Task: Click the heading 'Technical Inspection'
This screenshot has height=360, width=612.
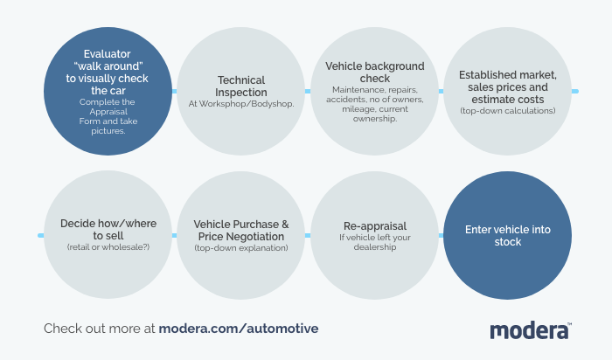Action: click(241, 86)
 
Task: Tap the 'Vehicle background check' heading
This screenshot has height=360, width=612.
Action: click(374, 72)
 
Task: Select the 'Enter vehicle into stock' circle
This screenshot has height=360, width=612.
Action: click(507, 236)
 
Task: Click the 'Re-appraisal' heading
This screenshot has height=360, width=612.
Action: click(374, 225)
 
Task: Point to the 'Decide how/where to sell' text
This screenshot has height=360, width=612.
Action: click(108, 229)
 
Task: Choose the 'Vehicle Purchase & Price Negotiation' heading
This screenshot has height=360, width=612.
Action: click(241, 230)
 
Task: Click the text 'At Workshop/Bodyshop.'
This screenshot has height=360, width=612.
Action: click(241, 104)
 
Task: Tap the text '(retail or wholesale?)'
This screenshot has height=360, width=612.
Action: click(108, 248)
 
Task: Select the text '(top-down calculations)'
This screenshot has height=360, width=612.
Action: click(507, 111)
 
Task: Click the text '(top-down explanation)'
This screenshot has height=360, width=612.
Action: click(241, 248)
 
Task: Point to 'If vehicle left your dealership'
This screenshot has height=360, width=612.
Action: click(374, 242)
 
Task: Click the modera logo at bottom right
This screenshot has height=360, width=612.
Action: click(530, 330)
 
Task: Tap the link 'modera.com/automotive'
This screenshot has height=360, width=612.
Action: click(239, 329)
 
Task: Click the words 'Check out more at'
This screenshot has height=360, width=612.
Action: click(100, 329)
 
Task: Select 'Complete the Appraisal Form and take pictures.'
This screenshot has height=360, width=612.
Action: click(108, 117)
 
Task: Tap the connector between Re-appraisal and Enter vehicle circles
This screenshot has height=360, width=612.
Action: click(441, 235)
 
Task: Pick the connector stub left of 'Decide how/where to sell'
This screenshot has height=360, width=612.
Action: click(41, 235)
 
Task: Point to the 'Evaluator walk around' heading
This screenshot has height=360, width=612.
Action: click(108, 72)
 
